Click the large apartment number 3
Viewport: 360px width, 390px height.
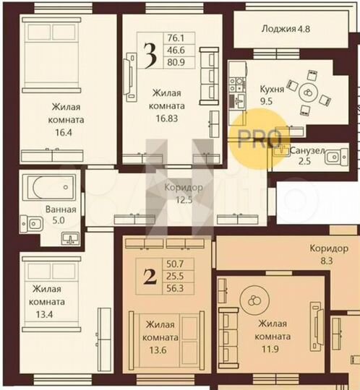click(150, 57)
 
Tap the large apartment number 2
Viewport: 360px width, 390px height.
click(150, 277)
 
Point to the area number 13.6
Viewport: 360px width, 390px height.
click(160, 350)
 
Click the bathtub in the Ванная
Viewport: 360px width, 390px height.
click(48, 186)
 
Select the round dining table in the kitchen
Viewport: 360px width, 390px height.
click(307, 92)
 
